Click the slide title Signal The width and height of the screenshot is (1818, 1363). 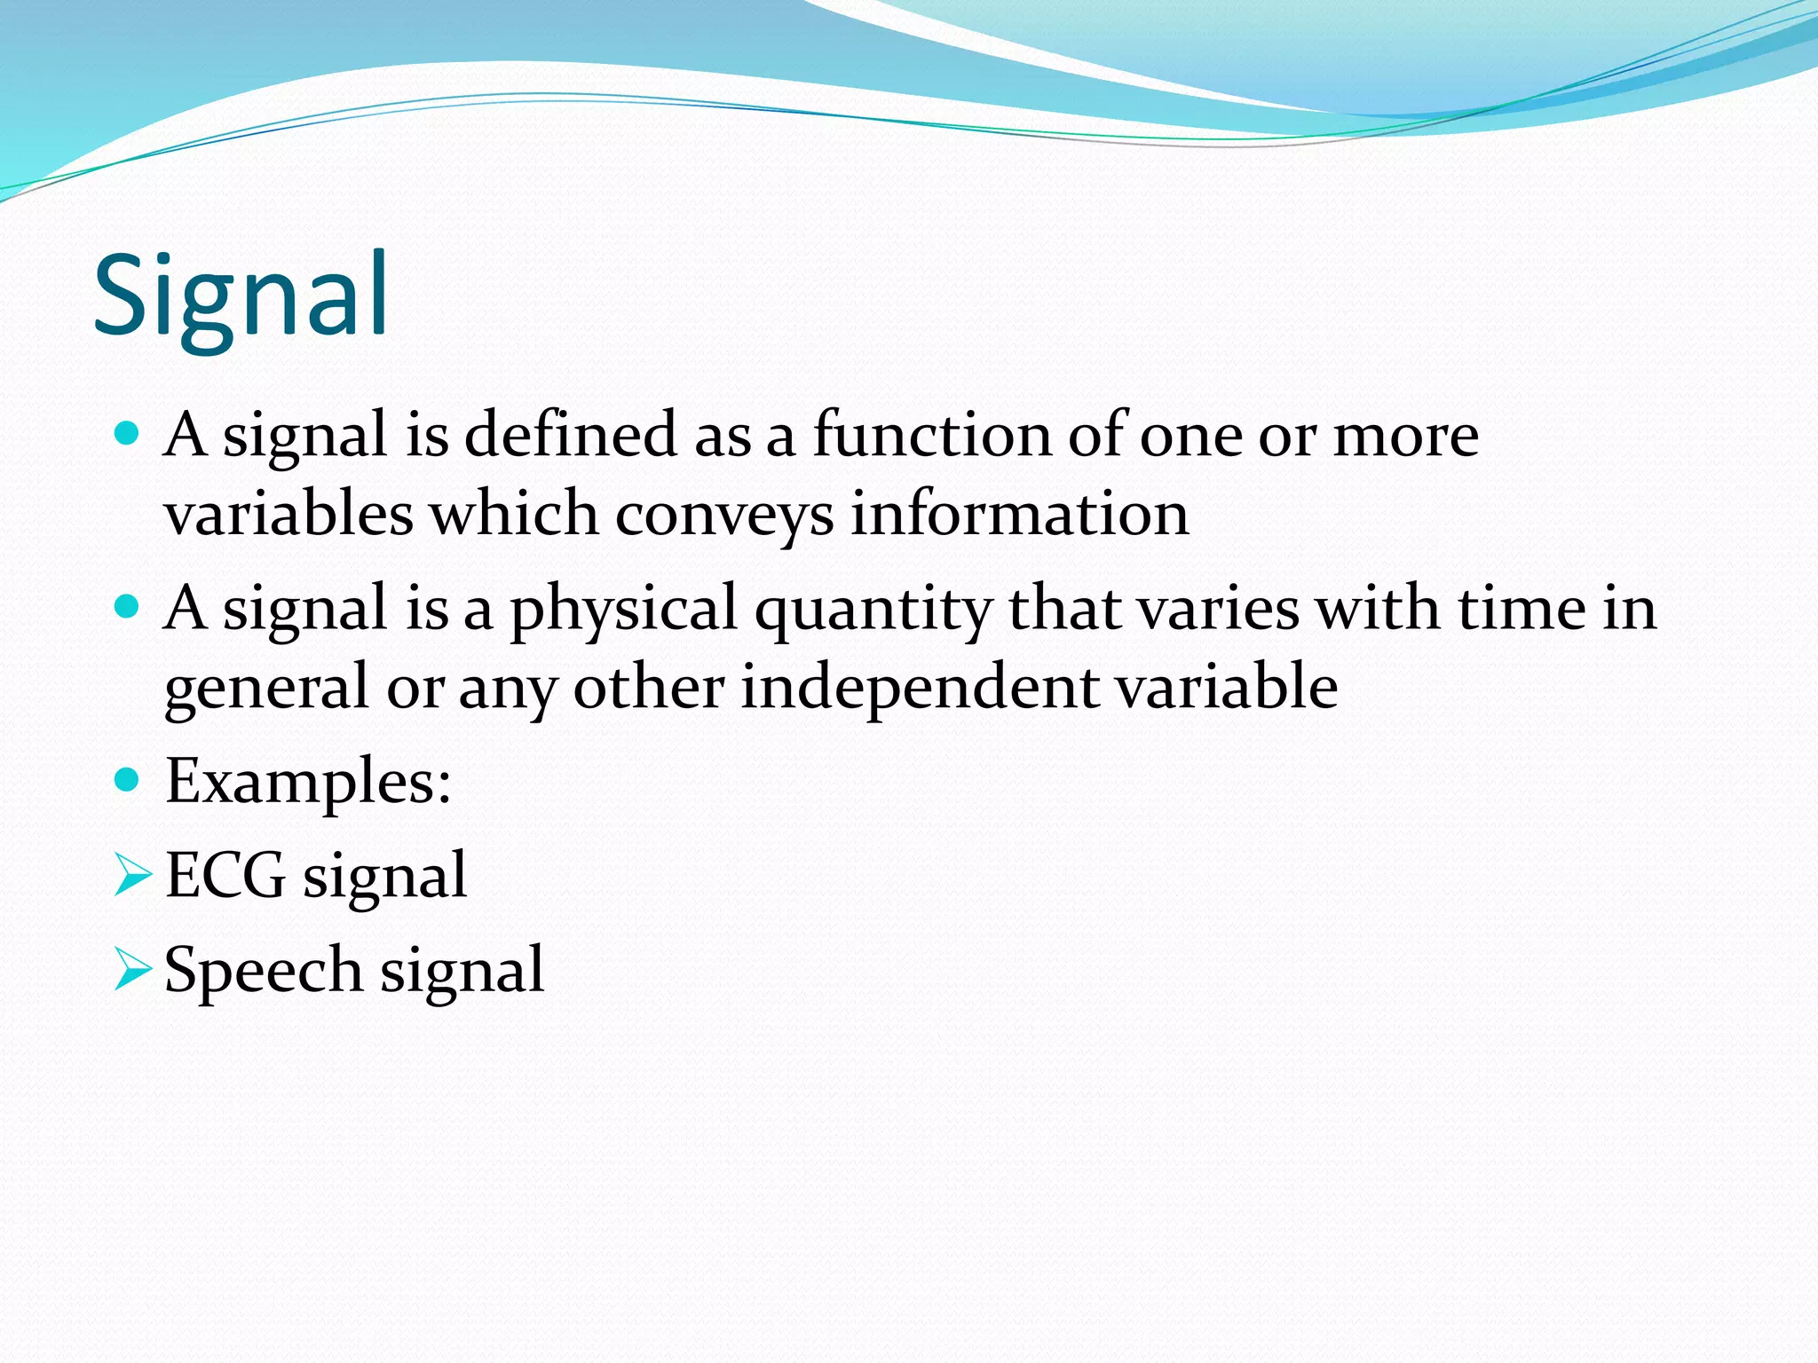[x=241, y=296]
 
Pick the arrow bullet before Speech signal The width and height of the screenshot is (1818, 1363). [x=133, y=970]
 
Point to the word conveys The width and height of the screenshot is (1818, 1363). [x=724, y=516]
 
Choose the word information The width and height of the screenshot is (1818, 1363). [x=1019, y=514]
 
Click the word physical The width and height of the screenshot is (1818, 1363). [x=624, y=611]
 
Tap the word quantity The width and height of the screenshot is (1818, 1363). [x=873, y=611]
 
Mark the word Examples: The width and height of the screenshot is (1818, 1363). [x=308, y=782]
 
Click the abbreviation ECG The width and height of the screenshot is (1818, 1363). [x=225, y=876]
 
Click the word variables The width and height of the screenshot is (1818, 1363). [x=289, y=514]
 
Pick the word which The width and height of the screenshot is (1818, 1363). [x=515, y=514]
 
